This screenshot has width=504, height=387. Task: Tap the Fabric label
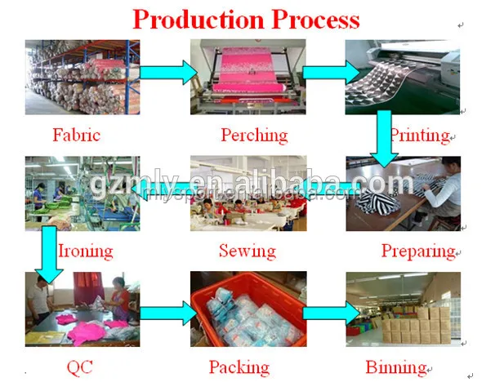(x=77, y=134)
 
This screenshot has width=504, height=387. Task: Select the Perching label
(x=254, y=134)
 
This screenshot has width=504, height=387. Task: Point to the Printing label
(x=419, y=134)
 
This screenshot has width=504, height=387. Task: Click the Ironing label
(x=85, y=250)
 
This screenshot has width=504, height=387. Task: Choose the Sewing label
(x=247, y=250)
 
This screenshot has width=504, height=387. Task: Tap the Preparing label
(x=417, y=250)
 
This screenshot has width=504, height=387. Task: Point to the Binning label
(x=396, y=367)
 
